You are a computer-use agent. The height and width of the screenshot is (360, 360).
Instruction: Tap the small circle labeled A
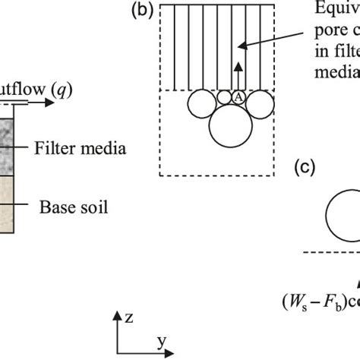click(237, 96)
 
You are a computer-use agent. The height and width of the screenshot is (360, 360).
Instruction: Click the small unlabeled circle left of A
click(223, 97)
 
